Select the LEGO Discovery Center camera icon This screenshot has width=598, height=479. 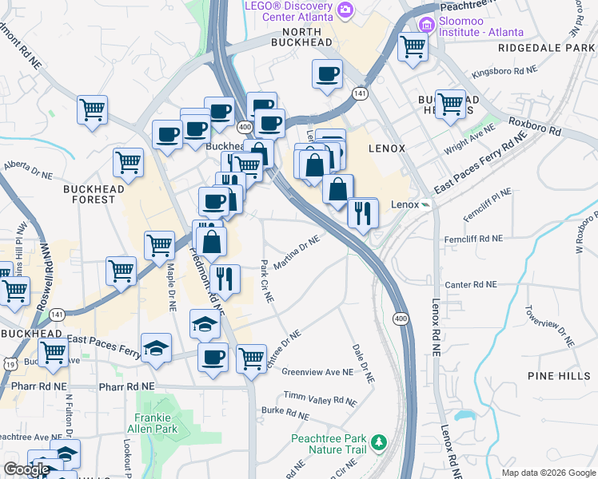pyautogui.click(x=345, y=10)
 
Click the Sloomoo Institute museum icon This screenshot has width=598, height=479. pyautogui.click(x=425, y=25)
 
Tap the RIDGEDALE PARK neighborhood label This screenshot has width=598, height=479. pyautogui.click(x=547, y=48)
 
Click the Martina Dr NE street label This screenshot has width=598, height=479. pyautogui.click(x=298, y=251)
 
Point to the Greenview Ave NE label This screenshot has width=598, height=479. pyautogui.click(x=317, y=372)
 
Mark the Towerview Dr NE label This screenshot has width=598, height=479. pyautogui.click(x=546, y=323)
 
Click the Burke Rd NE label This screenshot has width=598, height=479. pyautogui.click(x=285, y=414)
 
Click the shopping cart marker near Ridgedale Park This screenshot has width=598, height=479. pyautogui.click(x=413, y=46)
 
